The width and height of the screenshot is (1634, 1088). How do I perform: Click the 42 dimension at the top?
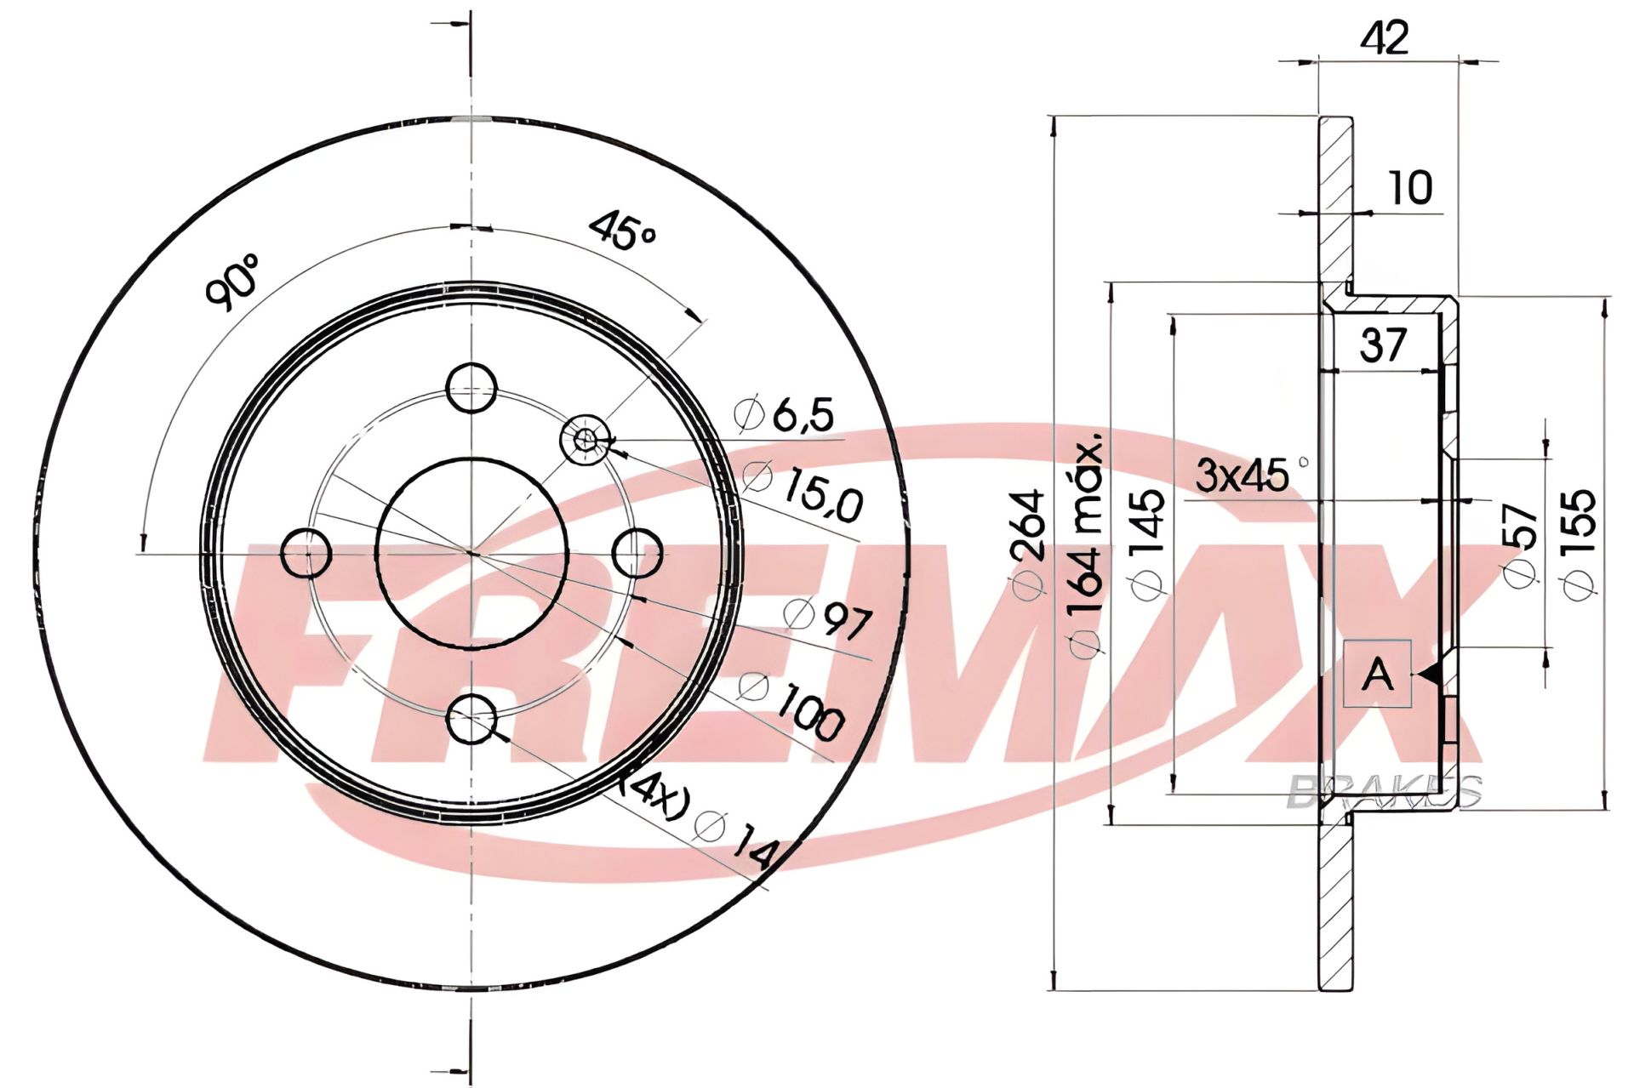[1385, 38]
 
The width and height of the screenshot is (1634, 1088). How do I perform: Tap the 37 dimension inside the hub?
[1382, 345]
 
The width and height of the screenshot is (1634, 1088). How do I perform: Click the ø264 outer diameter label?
[1027, 546]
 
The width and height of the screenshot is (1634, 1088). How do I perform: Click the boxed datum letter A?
[1377, 674]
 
